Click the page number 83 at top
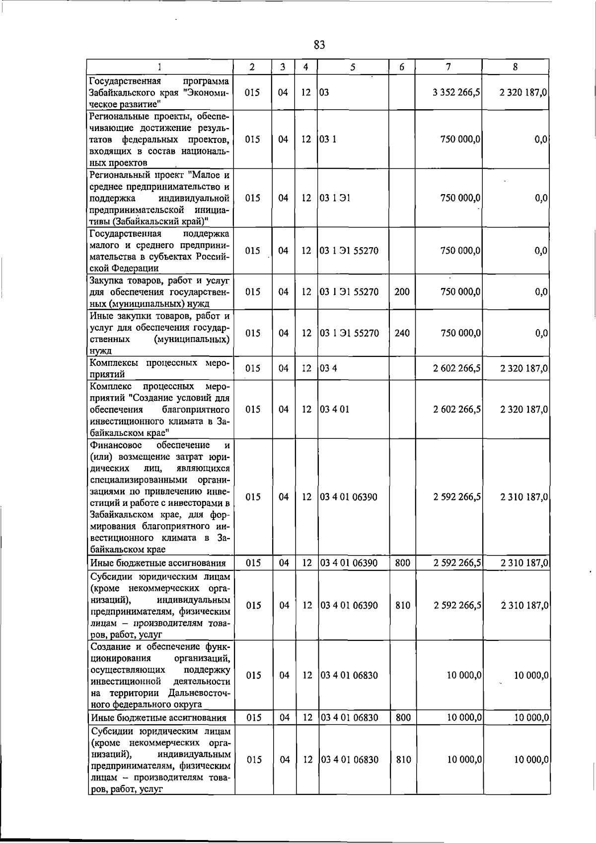click(x=319, y=45)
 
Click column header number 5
click(x=353, y=67)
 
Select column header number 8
click(x=516, y=67)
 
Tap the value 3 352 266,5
click(x=456, y=92)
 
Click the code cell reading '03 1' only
click(x=328, y=140)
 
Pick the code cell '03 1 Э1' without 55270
click(x=335, y=198)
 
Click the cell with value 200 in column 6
click(x=402, y=292)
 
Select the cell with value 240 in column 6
click(x=402, y=333)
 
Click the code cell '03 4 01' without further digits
click(x=334, y=410)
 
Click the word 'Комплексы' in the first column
click(x=114, y=363)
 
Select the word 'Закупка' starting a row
click(x=107, y=281)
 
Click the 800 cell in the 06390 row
click(x=402, y=563)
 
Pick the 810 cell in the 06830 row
click(x=403, y=760)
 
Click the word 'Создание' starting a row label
click(x=109, y=647)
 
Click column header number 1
click(x=160, y=67)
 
